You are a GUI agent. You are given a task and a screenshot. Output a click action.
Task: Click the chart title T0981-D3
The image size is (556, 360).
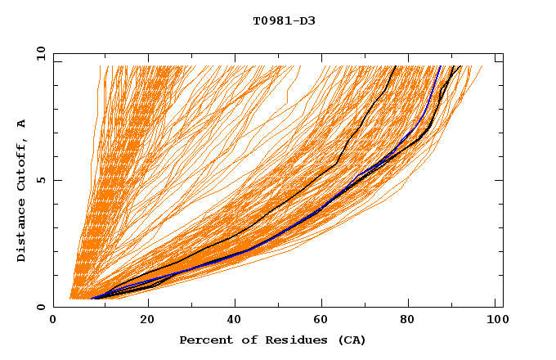point(284,20)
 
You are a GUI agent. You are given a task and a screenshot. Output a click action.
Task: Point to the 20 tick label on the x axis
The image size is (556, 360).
point(147,322)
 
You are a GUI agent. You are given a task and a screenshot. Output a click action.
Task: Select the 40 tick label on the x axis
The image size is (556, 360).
point(235,322)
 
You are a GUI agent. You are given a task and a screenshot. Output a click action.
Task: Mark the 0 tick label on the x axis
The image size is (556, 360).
point(53,322)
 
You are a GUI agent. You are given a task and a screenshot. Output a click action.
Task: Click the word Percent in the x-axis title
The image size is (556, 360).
point(204,340)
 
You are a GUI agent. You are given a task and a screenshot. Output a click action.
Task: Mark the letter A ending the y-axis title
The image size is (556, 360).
point(22,124)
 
